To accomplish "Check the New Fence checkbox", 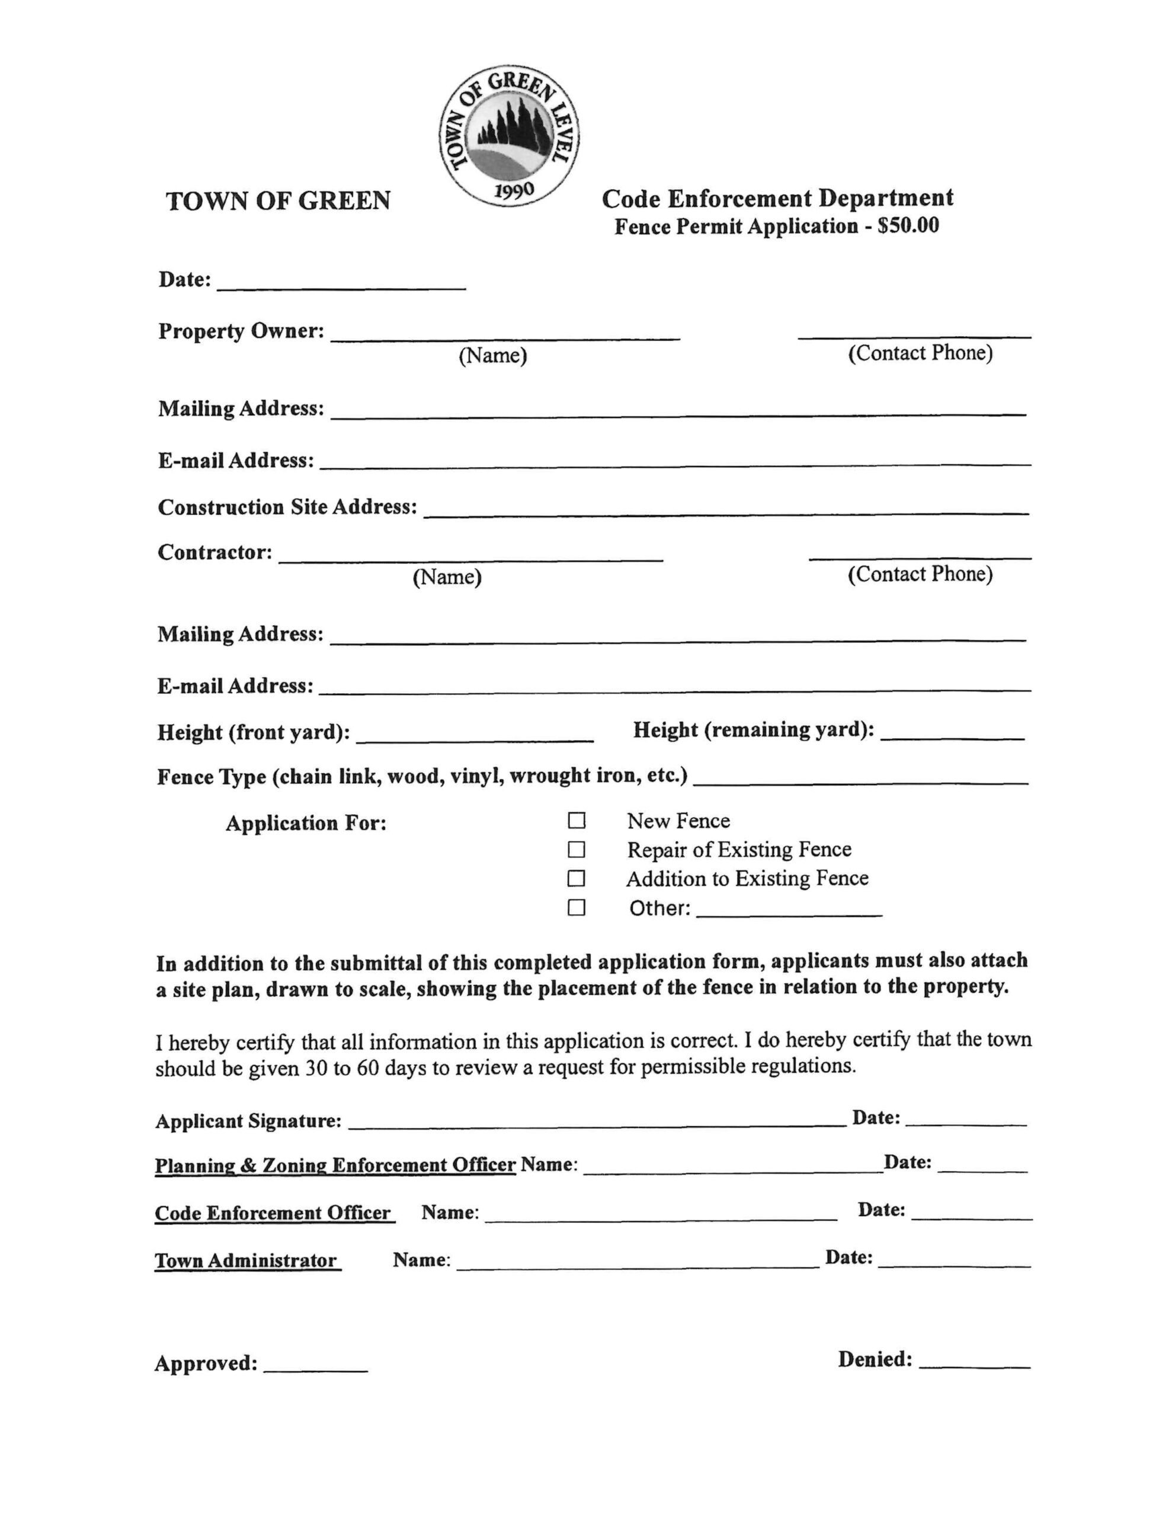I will click(576, 821).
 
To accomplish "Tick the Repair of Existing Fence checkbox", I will click(576, 849).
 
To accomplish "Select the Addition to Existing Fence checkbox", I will click(576, 879).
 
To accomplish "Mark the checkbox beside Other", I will click(576, 908).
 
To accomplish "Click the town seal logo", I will click(509, 136).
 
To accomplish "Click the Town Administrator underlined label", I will click(246, 1261).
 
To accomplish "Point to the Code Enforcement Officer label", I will click(273, 1213).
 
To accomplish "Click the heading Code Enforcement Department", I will click(777, 198).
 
